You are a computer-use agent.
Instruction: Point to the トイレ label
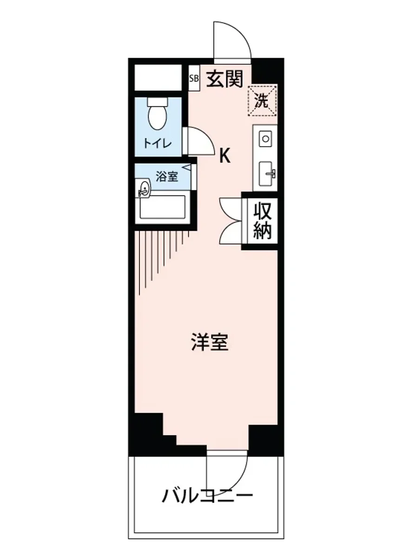point(157,143)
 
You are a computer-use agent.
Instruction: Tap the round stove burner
point(265,138)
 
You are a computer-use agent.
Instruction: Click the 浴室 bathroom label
point(166,177)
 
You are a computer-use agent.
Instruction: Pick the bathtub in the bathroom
point(163,207)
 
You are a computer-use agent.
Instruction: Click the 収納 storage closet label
point(262,221)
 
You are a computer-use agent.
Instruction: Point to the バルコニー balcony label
point(207,496)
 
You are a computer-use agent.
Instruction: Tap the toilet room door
point(198,141)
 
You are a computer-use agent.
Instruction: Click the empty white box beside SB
point(158,78)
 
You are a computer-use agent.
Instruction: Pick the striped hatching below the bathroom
point(158,253)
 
